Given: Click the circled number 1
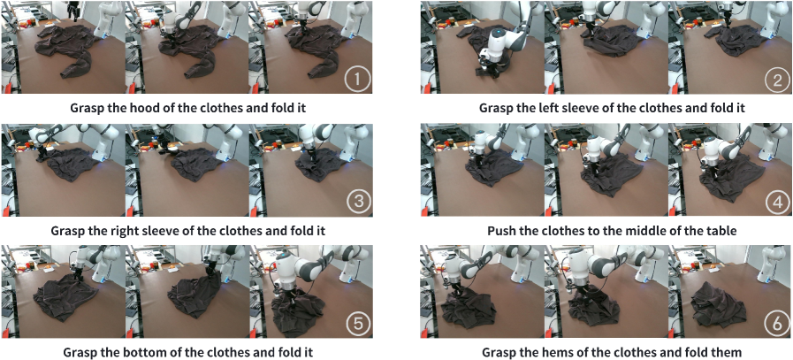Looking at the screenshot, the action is [x=357, y=80].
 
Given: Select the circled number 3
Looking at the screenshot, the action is [x=357, y=203].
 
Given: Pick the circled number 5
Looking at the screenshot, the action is [x=357, y=325].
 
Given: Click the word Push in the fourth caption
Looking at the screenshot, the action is [x=500, y=230].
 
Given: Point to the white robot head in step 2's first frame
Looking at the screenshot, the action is [x=499, y=40].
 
